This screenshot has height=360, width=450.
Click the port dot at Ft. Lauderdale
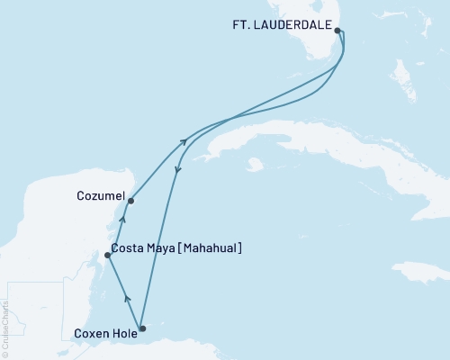tap(337, 31)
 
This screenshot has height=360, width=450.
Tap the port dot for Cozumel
tap(131, 201)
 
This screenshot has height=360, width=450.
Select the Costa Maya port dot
tap(107, 255)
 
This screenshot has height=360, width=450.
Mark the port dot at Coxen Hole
tap(142, 328)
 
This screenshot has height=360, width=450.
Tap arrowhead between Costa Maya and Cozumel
tap(123, 218)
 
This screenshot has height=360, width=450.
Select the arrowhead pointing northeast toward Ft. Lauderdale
tap(184, 140)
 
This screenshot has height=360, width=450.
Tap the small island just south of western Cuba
tap(256, 165)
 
